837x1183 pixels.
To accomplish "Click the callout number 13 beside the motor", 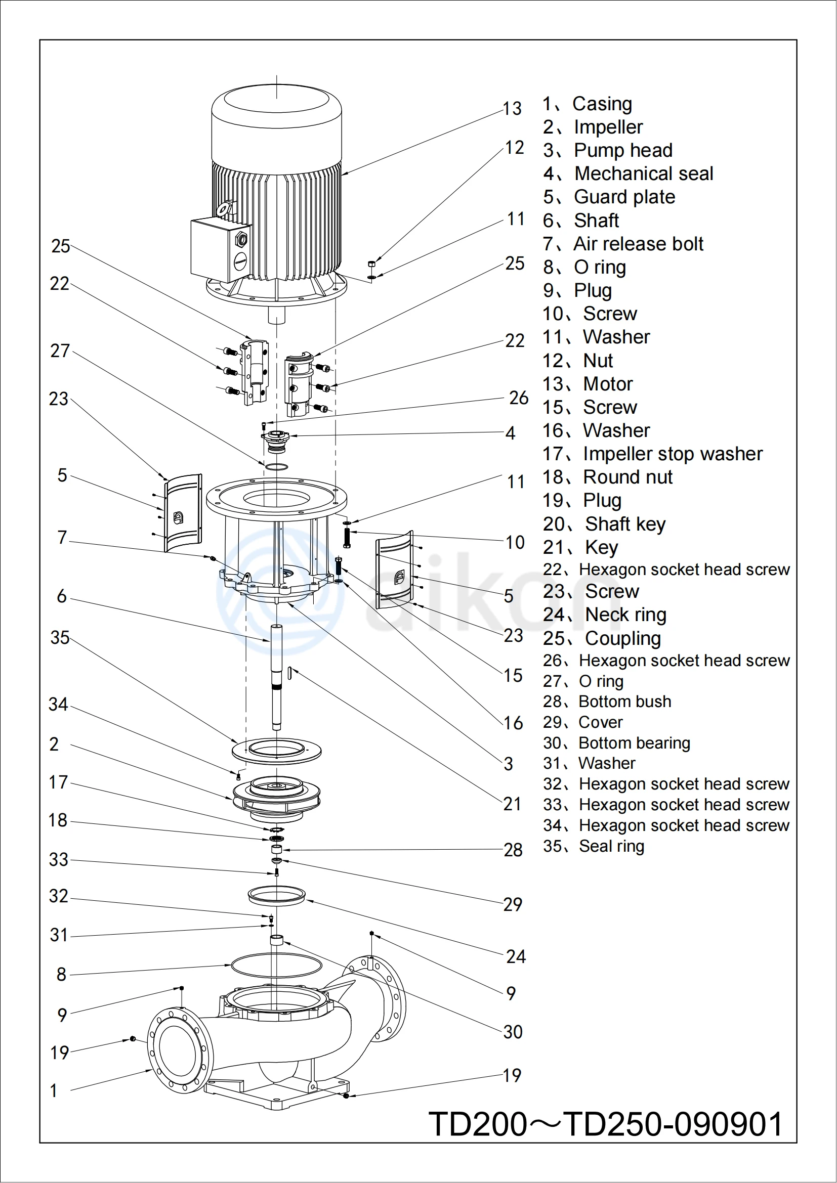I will click(512, 109).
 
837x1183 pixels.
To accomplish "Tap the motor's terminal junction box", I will click(219, 250).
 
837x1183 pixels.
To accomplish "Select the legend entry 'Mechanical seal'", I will click(629, 173).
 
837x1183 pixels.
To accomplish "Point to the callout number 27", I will click(60, 351).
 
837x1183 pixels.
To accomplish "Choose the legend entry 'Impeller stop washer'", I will click(652, 454).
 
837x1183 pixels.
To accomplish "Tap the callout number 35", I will click(60, 638).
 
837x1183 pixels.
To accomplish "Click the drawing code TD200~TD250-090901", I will click(606, 1124).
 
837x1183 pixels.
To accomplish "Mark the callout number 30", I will click(513, 1032).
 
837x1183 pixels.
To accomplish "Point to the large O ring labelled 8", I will click(276, 965).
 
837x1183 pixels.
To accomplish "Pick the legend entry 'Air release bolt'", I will click(623, 244).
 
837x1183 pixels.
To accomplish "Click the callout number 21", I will click(512, 804).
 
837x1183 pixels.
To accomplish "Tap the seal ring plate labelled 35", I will click(276, 750).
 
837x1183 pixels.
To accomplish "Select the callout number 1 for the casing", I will click(54, 1091).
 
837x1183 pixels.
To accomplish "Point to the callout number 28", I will click(513, 850).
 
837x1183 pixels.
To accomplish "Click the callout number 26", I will click(519, 398).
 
